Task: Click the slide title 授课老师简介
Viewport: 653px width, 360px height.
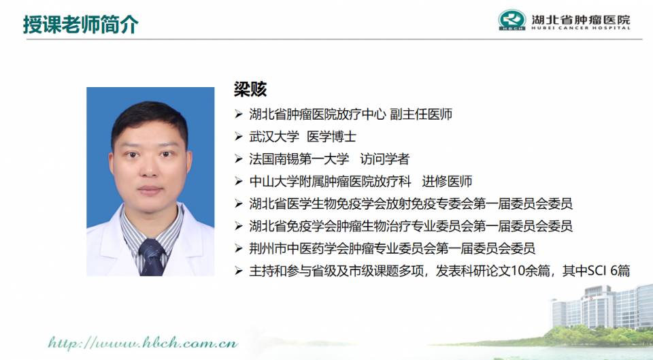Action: click(81, 25)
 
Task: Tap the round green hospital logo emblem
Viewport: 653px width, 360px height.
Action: click(512, 20)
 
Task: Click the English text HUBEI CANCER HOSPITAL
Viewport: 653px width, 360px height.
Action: click(580, 28)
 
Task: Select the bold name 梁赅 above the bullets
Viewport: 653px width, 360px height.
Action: click(250, 89)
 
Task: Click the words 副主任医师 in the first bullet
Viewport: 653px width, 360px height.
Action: click(421, 114)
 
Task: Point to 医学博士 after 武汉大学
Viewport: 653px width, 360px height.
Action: click(331, 137)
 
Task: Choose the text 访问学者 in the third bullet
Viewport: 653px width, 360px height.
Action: click(385, 159)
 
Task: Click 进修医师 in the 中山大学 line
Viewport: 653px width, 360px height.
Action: click(447, 181)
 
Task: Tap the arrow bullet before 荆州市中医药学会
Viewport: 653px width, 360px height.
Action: click(239, 249)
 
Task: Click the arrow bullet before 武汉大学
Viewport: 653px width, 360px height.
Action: click(239, 137)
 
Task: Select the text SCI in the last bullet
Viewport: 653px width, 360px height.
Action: click(596, 271)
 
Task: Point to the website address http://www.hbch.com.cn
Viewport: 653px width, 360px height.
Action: click(143, 344)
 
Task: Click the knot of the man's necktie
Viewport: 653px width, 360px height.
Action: click(151, 248)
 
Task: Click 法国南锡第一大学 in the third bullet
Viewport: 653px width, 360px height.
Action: click(299, 159)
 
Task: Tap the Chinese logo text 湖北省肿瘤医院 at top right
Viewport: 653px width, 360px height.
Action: click(580, 19)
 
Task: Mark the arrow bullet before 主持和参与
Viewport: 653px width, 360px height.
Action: click(239, 272)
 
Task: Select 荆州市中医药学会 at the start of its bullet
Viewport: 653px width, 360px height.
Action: click(299, 249)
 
